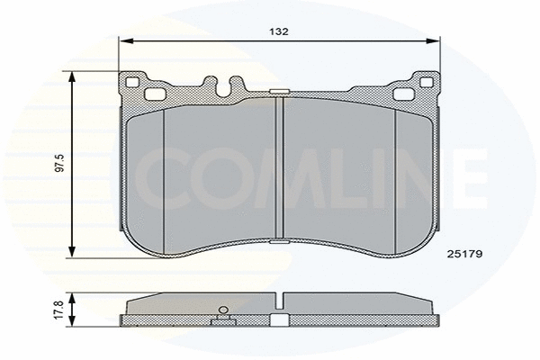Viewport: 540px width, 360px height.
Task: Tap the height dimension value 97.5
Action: point(59,165)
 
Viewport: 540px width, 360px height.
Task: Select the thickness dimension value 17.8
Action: point(59,311)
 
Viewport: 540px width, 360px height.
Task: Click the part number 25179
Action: point(465,253)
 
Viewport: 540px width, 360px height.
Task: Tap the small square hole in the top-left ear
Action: point(134,84)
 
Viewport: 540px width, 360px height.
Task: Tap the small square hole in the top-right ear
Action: point(427,84)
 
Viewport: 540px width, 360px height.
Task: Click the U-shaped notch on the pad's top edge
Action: point(224,86)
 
